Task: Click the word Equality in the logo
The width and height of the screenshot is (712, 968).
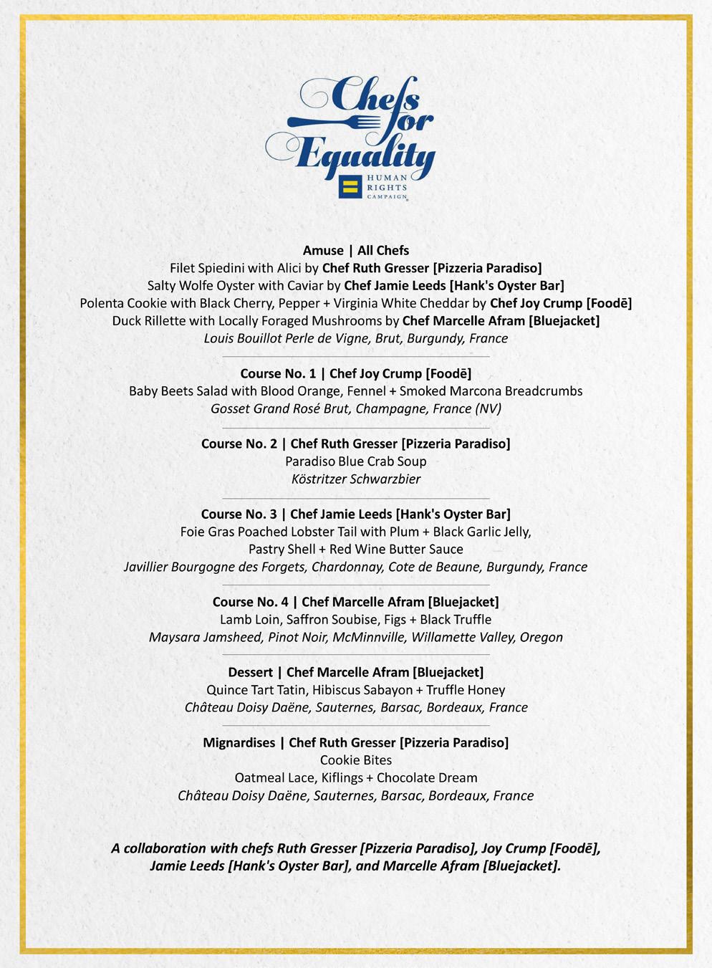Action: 365,153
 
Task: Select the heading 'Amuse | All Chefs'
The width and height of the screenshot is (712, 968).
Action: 356,250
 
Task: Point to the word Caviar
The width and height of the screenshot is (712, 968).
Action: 305,285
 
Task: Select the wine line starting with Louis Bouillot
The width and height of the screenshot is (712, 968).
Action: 356,338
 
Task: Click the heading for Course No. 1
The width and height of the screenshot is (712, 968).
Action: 356,373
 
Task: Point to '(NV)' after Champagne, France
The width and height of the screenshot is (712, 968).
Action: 488,408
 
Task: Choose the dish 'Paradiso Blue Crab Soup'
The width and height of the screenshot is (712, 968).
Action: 356,461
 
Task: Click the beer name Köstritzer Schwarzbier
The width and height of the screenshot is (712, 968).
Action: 356,479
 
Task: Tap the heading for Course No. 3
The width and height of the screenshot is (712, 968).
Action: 356,514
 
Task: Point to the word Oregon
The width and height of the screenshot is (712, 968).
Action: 541,637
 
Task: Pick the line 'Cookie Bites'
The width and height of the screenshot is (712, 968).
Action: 356,759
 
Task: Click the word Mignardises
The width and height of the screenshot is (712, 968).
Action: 239,742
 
